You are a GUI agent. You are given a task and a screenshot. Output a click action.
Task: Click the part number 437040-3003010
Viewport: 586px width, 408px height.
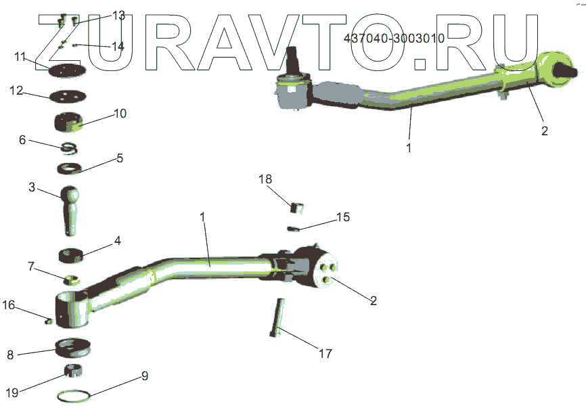tap(394, 39)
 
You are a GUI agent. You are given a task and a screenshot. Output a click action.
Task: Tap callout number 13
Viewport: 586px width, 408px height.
tap(118, 15)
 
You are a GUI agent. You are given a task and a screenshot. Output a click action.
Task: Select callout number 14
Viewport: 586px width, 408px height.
tap(118, 46)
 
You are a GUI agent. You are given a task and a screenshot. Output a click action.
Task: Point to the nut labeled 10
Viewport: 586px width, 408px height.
tap(68, 122)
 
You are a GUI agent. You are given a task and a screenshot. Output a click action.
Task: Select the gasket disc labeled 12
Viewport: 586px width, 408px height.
tap(68, 95)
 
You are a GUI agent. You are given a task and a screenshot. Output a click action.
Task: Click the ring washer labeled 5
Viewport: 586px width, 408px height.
tap(68, 167)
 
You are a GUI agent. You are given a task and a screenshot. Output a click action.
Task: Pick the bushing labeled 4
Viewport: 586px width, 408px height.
tap(71, 256)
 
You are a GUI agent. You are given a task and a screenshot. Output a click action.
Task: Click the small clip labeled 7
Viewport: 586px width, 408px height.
tap(71, 279)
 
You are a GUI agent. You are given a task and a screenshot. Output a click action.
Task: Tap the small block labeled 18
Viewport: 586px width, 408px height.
tap(294, 206)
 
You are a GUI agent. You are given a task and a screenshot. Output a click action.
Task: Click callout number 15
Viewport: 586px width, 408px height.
tap(343, 217)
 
